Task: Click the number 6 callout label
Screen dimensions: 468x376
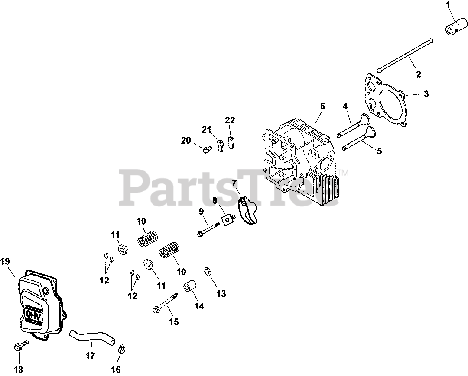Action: (x=322, y=106)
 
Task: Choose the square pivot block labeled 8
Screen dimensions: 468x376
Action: (x=226, y=220)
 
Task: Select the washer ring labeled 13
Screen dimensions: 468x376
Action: (x=208, y=272)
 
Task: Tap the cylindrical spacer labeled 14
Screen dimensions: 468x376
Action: (x=190, y=287)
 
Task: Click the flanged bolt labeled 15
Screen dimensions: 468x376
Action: (x=166, y=303)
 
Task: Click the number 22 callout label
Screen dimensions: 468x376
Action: (x=230, y=120)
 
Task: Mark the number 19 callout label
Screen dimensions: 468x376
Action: (x=8, y=261)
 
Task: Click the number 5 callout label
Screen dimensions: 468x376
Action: (x=379, y=151)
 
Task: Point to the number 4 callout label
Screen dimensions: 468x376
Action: (x=345, y=106)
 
